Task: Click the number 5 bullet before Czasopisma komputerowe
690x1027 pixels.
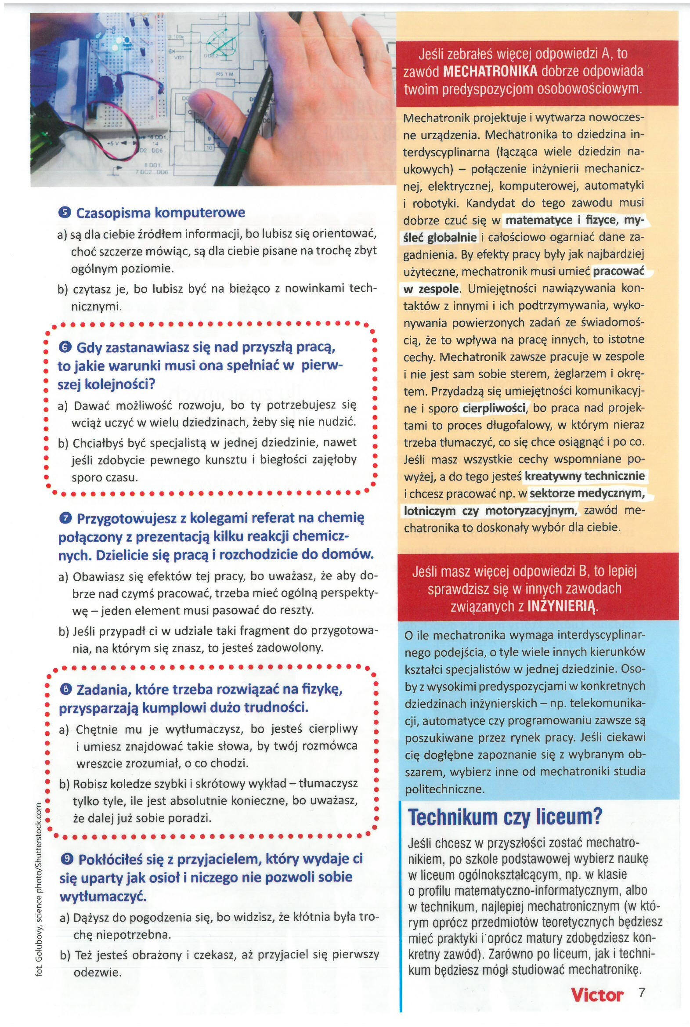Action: pos(64,213)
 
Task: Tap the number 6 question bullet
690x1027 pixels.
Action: pos(64,347)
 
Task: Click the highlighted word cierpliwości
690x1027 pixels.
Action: pos(494,409)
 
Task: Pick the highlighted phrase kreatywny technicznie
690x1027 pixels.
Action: pos(585,476)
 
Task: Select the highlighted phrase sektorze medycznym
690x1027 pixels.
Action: pos(587,493)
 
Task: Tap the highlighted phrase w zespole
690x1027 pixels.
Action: pos(432,289)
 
